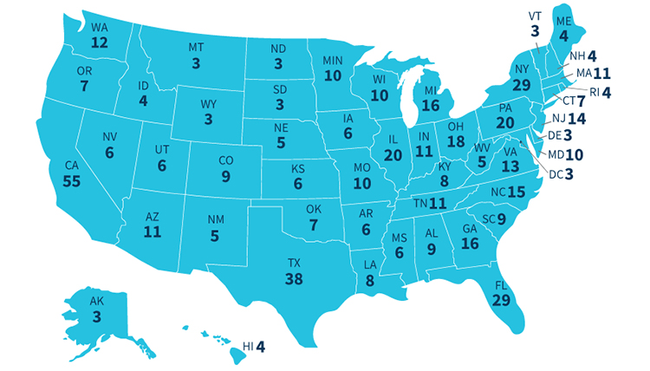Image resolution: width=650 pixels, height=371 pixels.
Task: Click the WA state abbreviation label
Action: pos(100,28)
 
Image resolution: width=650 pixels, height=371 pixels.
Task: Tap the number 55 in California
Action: pos(72,180)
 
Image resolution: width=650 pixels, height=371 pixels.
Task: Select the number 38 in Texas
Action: pos(294,278)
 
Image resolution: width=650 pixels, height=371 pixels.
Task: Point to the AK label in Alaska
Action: pos(96,301)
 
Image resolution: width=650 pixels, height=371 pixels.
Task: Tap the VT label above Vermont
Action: pos(535,16)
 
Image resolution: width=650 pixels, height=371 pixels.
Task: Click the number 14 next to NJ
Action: pos(577,118)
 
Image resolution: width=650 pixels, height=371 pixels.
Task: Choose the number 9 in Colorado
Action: pos(225,177)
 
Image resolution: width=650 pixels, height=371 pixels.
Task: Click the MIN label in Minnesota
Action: pos(333,60)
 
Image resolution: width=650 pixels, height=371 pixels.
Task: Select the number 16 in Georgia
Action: pos(471,244)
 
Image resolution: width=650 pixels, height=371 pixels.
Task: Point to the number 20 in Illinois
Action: pos(393,154)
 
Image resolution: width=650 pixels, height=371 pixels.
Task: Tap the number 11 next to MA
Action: pos(601,74)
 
